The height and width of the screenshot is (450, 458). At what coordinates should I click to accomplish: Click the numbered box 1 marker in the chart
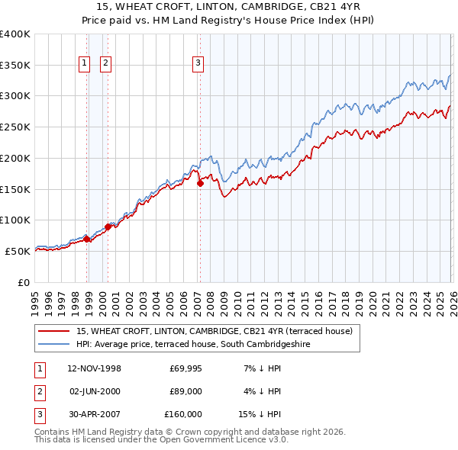83,63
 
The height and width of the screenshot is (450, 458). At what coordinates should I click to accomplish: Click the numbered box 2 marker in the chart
105,63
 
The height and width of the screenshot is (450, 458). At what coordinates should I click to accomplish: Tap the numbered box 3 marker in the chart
198,63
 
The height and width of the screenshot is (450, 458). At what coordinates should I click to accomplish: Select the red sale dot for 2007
200,183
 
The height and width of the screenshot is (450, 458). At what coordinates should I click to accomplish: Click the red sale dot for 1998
87,239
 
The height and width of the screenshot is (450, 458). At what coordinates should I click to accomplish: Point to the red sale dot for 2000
108,227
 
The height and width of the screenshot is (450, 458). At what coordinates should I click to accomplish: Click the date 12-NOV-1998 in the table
94,369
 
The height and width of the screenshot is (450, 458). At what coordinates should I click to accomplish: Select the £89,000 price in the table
185,391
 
